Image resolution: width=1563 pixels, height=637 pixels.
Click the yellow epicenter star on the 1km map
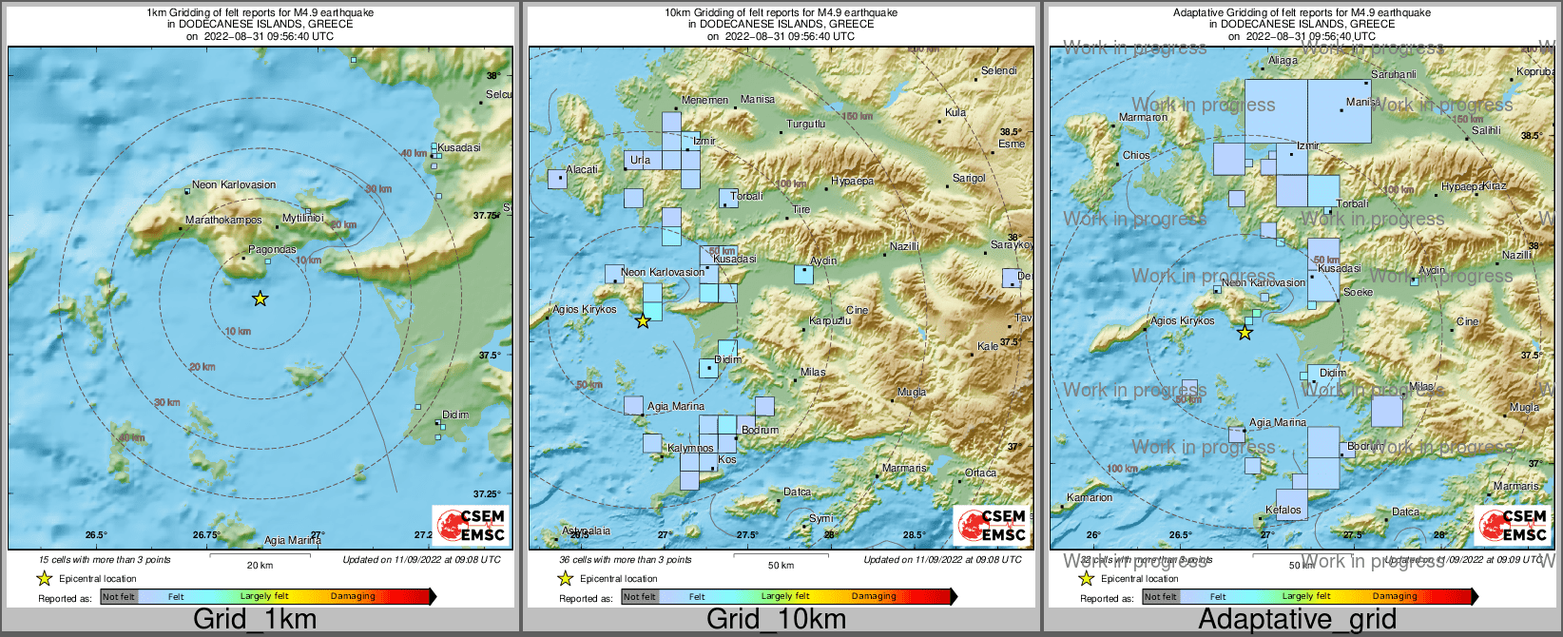[x=260, y=299]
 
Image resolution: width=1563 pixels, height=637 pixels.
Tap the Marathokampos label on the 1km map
[x=222, y=220]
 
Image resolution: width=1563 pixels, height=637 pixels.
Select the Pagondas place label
[x=272, y=250]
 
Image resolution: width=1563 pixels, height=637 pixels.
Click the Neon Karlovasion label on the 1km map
[x=234, y=185]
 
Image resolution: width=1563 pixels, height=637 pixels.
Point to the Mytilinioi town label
[x=303, y=218]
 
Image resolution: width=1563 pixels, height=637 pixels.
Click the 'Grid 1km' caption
[x=255, y=619]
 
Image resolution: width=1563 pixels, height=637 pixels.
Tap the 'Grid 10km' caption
[x=776, y=619]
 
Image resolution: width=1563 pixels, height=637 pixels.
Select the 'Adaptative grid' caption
[x=1297, y=619]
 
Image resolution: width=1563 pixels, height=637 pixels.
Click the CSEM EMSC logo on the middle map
[x=992, y=525]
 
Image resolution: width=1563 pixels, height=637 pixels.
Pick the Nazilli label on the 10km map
[x=904, y=246]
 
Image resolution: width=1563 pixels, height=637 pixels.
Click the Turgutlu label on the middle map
[x=805, y=124]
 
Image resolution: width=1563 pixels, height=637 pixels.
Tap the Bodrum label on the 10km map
[x=760, y=430]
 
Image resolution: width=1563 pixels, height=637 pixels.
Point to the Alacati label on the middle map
[x=582, y=169]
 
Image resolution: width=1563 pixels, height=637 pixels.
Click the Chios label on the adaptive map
[x=1136, y=155]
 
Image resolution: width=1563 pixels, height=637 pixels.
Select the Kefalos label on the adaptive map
[x=1283, y=510]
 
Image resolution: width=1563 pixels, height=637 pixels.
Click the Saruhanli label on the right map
[x=1393, y=74]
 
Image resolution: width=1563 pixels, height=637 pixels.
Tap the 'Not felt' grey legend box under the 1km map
[x=119, y=597]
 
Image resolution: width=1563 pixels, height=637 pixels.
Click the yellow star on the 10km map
[x=643, y=321]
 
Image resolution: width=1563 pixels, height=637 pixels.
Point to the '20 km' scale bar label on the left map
[x=260, y=565]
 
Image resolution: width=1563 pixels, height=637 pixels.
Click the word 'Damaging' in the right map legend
[x=1395, y=596]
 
